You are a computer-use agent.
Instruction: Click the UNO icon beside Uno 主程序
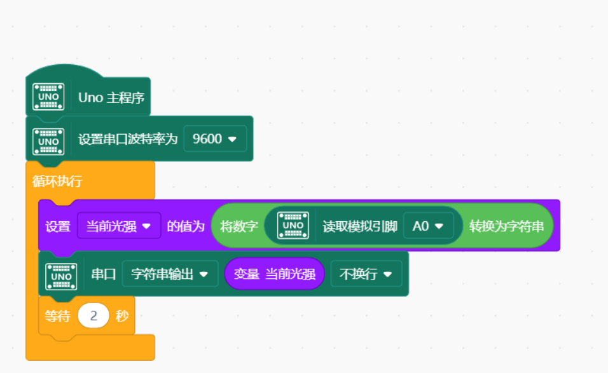[48, 97]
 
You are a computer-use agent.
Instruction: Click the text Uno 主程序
[111, 98]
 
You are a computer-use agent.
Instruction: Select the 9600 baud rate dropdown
[215, 139]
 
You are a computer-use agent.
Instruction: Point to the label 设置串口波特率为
[128, 139]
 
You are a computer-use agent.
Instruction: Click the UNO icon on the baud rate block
[48, 139]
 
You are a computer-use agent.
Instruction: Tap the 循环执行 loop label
[57, 181]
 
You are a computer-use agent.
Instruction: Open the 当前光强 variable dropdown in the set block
[119, 226]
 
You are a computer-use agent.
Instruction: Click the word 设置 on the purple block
[58, 226]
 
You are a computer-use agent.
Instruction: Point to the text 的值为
[186, 226]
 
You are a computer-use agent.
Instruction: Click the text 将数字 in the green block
[238, 226]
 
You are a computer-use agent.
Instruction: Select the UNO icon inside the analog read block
[293, 226]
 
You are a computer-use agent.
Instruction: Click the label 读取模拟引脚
[360, 226]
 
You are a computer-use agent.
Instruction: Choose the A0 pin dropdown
[428, 226]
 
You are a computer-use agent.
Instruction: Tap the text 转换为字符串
[506, 226]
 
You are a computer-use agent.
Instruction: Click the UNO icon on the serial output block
[62, 274]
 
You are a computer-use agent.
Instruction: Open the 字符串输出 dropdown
[170, 274]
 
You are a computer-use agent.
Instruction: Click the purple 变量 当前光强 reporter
[274, 274]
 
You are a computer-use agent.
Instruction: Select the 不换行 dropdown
[366, 274]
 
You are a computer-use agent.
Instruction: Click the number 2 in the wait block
[93, 316]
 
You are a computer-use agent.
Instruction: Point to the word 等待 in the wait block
[57, 316]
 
